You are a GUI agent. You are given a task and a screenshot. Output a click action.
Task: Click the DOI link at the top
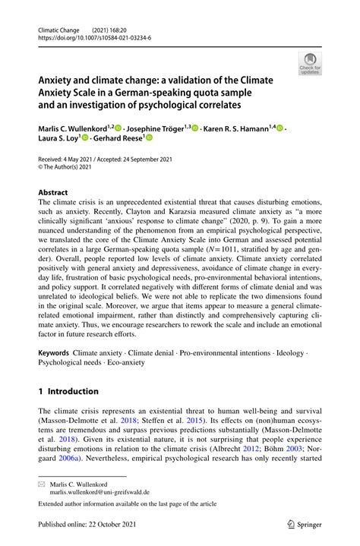[x=90, y=36]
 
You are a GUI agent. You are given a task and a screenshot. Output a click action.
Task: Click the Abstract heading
[x=54, y=193]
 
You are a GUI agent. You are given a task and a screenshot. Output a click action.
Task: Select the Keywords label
[x=54, y=354]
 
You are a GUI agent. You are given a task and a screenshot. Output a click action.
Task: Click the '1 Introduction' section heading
[x=68, y=391]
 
